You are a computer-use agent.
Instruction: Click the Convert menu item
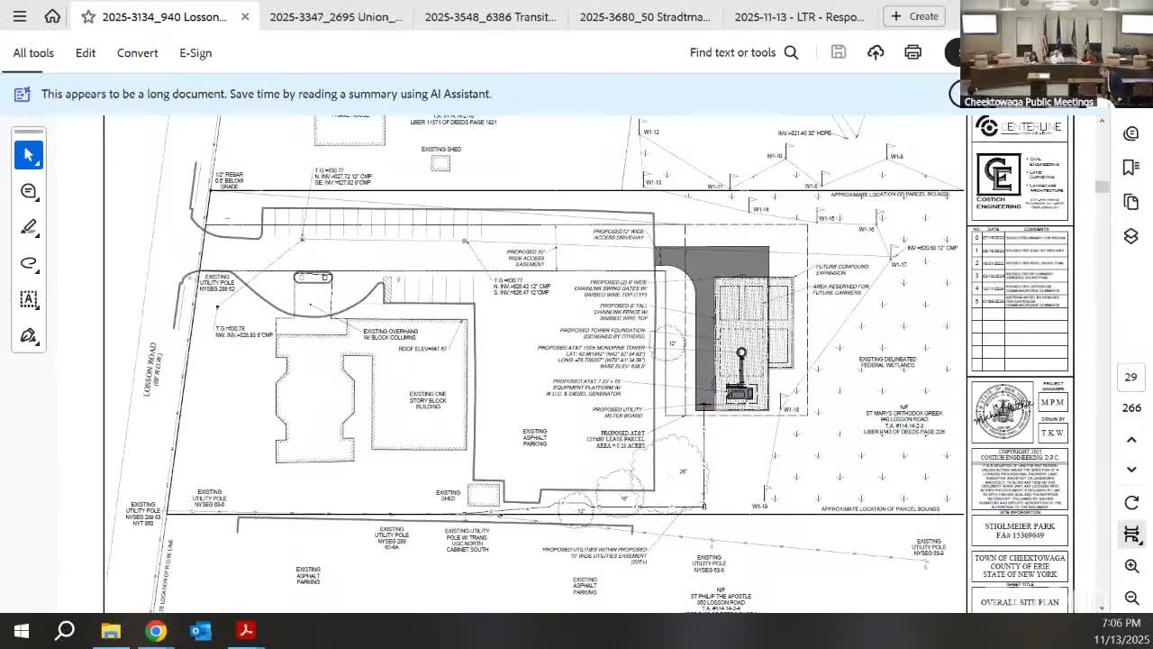(137, 53)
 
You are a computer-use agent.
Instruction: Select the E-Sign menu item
(195, 53)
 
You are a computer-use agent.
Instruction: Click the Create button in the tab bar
(914, 16)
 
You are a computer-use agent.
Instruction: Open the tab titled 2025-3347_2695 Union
(335, 16)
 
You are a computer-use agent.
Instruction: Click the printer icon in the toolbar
(912, 52)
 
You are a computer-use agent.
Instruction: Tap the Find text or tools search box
(743, 52)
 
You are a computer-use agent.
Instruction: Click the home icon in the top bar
(52, 16)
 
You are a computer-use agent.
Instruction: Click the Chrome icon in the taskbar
(156, 631)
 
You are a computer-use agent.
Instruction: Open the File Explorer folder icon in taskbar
(111, 631)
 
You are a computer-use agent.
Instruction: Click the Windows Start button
(22, 631)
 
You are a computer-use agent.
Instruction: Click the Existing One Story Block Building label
(428, 400)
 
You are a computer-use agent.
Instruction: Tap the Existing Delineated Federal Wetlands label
(887, 362)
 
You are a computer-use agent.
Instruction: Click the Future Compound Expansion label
(841, 270)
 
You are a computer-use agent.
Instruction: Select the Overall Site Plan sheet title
(1020, 602)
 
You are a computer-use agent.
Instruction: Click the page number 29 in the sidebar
(1130, 377)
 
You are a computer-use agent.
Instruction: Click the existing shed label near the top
(440, 150)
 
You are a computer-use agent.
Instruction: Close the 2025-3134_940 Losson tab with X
(245, 16)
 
